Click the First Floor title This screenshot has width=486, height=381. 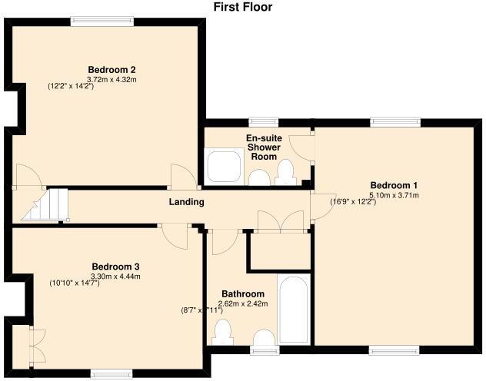(x=243, y=7)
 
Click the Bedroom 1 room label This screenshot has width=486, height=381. (x=394, y=185)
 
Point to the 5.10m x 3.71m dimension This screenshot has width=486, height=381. (x=394, y=195)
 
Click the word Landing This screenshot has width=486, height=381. (x=186, y=202)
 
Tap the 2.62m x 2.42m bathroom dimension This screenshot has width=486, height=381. (x=243, y=303)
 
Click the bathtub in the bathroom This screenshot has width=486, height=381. (x=292, y=312)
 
